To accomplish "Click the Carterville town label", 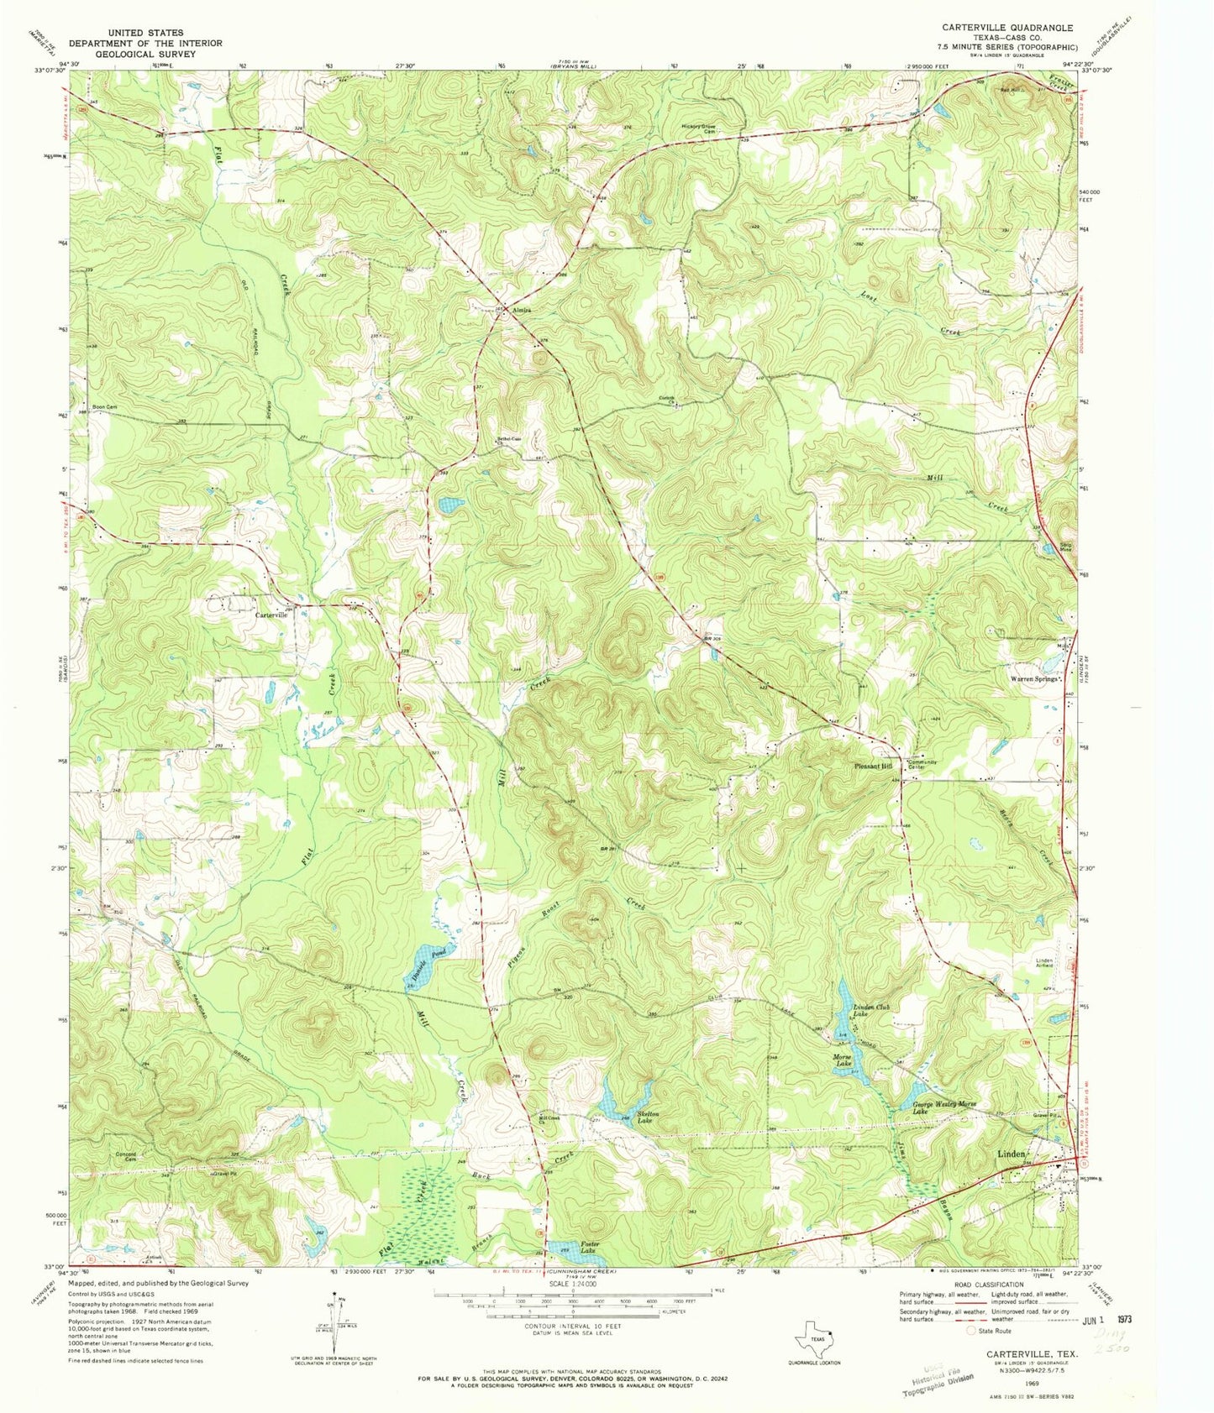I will (271, 615).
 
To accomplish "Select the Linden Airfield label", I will (1043, 963).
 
